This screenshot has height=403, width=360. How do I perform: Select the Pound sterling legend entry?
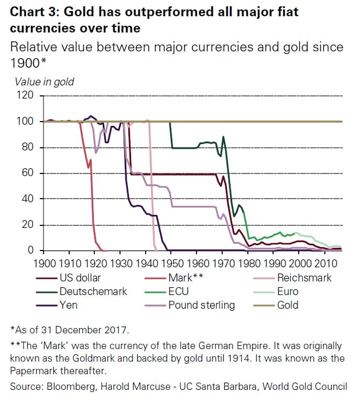coord(202,305)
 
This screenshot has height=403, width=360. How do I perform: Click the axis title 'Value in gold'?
coord(44,82)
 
